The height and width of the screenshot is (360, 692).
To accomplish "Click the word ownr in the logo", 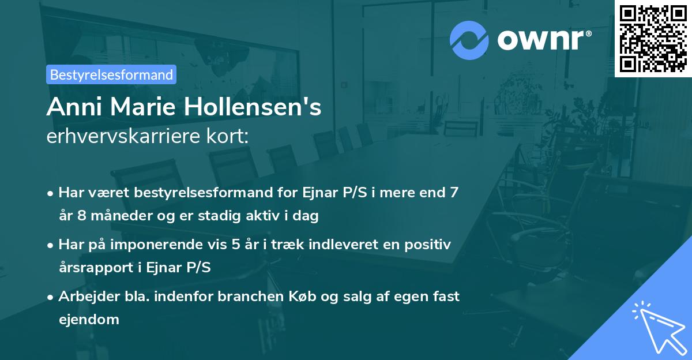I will point(542,39).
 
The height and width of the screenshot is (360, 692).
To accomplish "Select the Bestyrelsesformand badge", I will point(111,74).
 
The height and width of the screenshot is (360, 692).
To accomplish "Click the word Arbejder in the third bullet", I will point(84,297).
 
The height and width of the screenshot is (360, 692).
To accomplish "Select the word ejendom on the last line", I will point(89,320).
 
